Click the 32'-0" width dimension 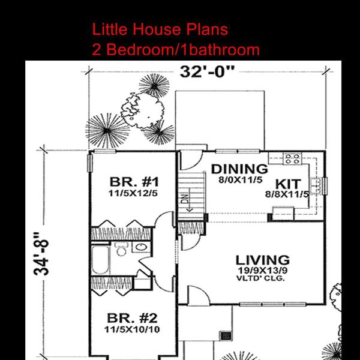pyautogui.click(x=208, y=71)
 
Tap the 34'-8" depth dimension pyautogui.click(x=41, y=254)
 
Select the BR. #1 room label pyautogui.click(x=134, y=182)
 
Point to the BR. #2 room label pyautogui.click(x=132, y=318)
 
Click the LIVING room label pyautogui.click(x=263, y=260)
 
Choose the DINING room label pyautogui.click(x=239, y=169)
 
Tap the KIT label pyautogui.click(x=288, y=184)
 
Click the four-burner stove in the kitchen pyautogui.click(x=292, y=158)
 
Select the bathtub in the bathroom pyautogui.click(x=100, y=260)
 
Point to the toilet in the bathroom pyautogui.click(x=121, y=249)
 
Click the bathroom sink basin pyautogui.click(x=141, y=247)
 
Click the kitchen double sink pyautogui.click(x=315, y=185)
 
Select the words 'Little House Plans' pyautogui.click(x=160, y=29)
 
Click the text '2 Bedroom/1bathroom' pyautogui.click(x=176, y=50)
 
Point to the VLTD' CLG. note pyautogui.click(x=260, y=279)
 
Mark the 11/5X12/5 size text pyautogui.click(x=133, y=194)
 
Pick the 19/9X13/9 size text pyautogui.click(x=262, y=271)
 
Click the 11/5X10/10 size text pyautogui.click(x=132, y=329)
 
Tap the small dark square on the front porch pyautogui.click(x=226, y=336)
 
